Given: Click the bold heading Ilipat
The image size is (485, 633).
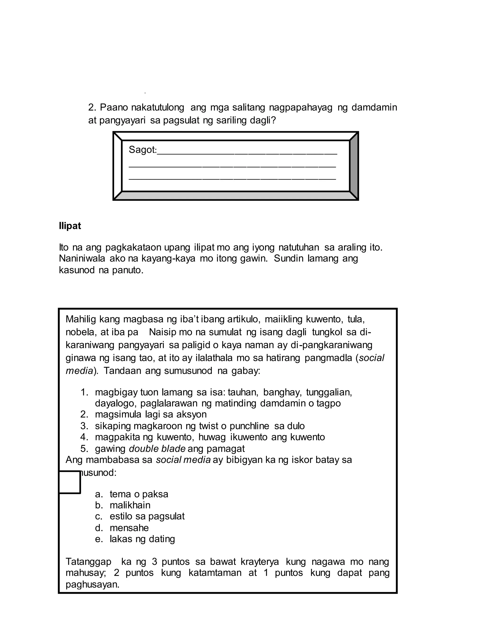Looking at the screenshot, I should [70, 226].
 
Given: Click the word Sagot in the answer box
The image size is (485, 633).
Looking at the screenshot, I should [142, 150].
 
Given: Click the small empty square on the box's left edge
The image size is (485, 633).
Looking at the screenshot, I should [69, 482].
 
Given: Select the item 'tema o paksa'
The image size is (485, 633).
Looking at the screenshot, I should [139, 494].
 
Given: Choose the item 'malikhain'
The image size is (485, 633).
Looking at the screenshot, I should [130, 505].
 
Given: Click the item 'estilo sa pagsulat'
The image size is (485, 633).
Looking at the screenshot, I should [147, 516].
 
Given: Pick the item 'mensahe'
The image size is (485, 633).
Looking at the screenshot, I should [129, 528].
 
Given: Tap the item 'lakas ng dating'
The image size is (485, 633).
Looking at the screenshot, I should [142, 539].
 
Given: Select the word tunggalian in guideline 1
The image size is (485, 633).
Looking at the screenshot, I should [329, 392].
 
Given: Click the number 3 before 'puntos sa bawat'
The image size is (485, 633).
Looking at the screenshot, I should [154, 562].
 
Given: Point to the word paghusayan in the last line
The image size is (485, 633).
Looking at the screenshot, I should [92, 584].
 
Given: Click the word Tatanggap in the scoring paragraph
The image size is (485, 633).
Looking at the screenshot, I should [88, 562].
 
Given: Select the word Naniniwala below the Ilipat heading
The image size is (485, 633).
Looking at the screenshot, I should [82, 259].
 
